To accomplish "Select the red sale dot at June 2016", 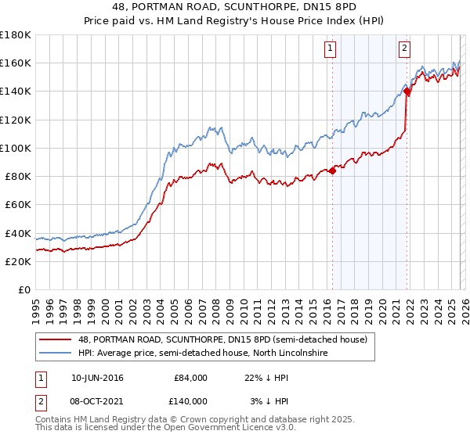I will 332,171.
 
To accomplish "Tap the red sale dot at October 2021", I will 407,92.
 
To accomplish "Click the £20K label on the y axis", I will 18,262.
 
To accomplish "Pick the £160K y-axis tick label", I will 16,63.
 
